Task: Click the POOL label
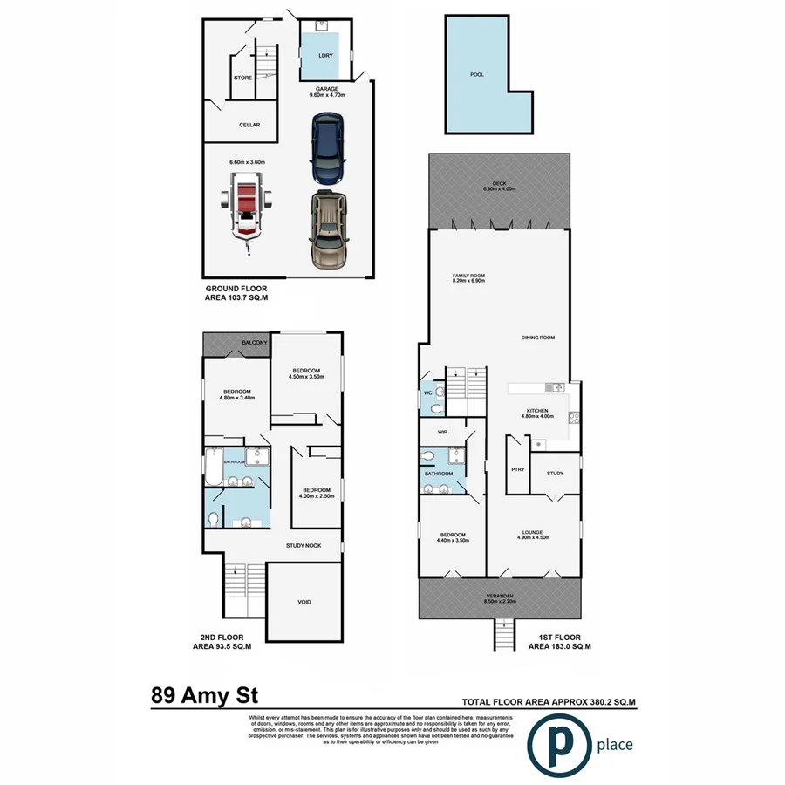[476, 75]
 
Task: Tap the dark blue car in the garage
[327, 149]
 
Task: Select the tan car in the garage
[327, 229]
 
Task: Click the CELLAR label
[249, 125]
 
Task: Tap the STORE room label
[242, 78]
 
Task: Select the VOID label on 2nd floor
[304, 603]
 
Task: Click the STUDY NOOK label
[304, 545]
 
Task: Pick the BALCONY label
[254, 343]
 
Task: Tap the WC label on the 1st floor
[427, 393]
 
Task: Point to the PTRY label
[517, 469]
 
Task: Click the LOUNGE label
[532, 532]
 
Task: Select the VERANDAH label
[500, 596]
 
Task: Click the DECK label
[500, 183]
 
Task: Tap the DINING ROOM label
[538, 337]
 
